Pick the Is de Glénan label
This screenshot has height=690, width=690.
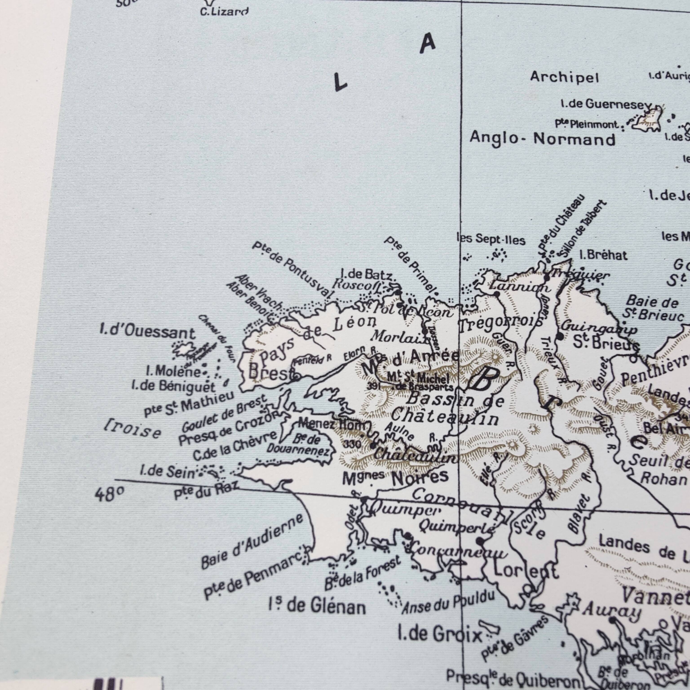317,606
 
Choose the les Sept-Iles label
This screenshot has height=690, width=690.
491,239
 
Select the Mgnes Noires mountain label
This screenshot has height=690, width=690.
395,479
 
